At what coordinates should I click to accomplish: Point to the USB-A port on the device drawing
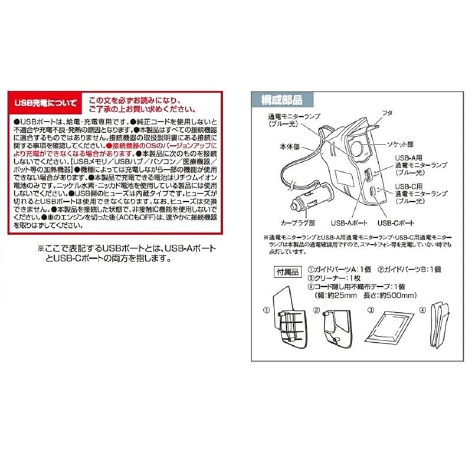pyautogui.click(x=368, y=175)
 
